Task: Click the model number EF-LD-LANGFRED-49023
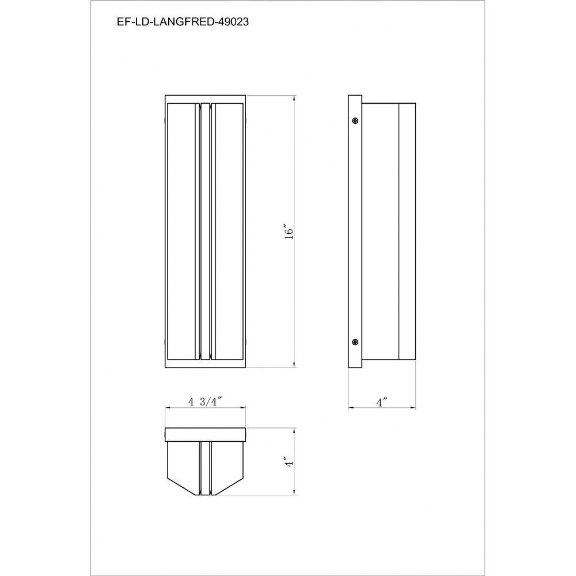coord(183,22)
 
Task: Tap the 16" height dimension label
coord(290,231)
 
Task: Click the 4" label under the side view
coord(382,402)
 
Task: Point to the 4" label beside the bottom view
coord(290,462)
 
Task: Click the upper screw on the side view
coord(355,120)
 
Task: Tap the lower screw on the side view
coord(355,342)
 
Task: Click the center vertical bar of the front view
coord(206,230)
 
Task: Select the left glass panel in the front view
coord(181,231)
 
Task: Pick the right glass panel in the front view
coord(229,231)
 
